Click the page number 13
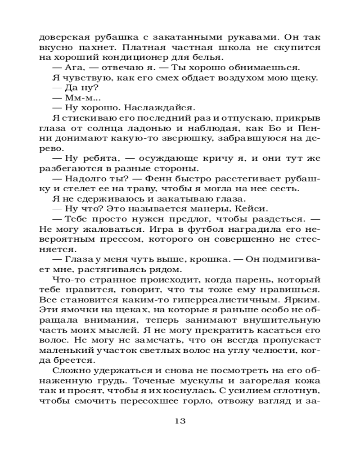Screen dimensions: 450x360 pos(180,422)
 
